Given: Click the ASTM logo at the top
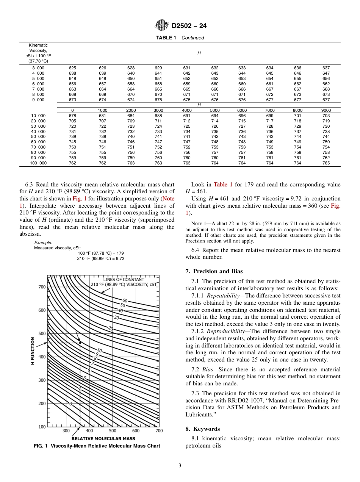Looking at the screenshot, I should [x=162, y=25].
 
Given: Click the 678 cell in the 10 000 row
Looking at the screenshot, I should [x=72, y=116].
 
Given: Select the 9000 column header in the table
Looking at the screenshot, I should [x=326, y=110].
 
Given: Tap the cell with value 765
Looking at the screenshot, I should [x=326, y=163].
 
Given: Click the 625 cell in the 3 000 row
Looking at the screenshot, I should [x=72, y=68].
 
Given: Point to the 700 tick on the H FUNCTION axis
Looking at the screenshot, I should [x=42, y=287].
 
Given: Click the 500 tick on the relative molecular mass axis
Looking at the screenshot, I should [x=113, y=430].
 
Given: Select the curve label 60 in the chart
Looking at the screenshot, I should [x=125, y=300].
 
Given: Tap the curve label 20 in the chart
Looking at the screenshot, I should [x=110, y=328].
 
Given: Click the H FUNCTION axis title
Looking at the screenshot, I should [x=33, y=351].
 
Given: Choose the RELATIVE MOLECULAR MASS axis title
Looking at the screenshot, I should [x=103, y=438].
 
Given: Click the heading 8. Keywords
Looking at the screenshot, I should [x=202, y=429].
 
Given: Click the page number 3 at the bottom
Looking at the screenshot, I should [x=180, y=466].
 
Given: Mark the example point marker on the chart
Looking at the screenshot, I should [x=80, y=343].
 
